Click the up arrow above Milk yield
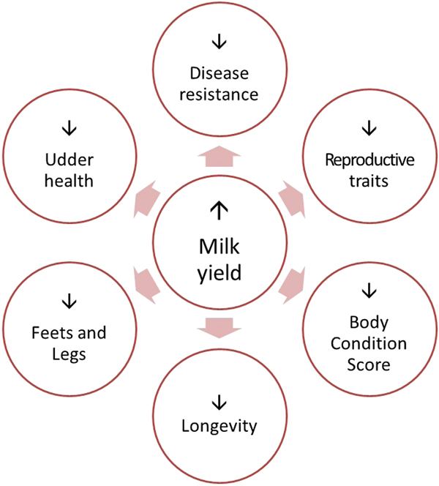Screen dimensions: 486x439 [217, 211]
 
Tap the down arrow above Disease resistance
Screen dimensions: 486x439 [217, 42]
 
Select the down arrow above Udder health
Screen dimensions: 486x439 [68, 127]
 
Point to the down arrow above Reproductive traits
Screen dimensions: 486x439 [369, 129]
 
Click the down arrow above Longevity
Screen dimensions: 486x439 [217, 401]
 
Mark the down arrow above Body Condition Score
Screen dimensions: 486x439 [369, 291]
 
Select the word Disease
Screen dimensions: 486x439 [218, 73]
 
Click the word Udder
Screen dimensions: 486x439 [69, 159]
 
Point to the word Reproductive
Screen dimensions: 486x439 [369, 160]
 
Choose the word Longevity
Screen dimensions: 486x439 [218, 425]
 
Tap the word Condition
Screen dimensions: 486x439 [369, 342]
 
